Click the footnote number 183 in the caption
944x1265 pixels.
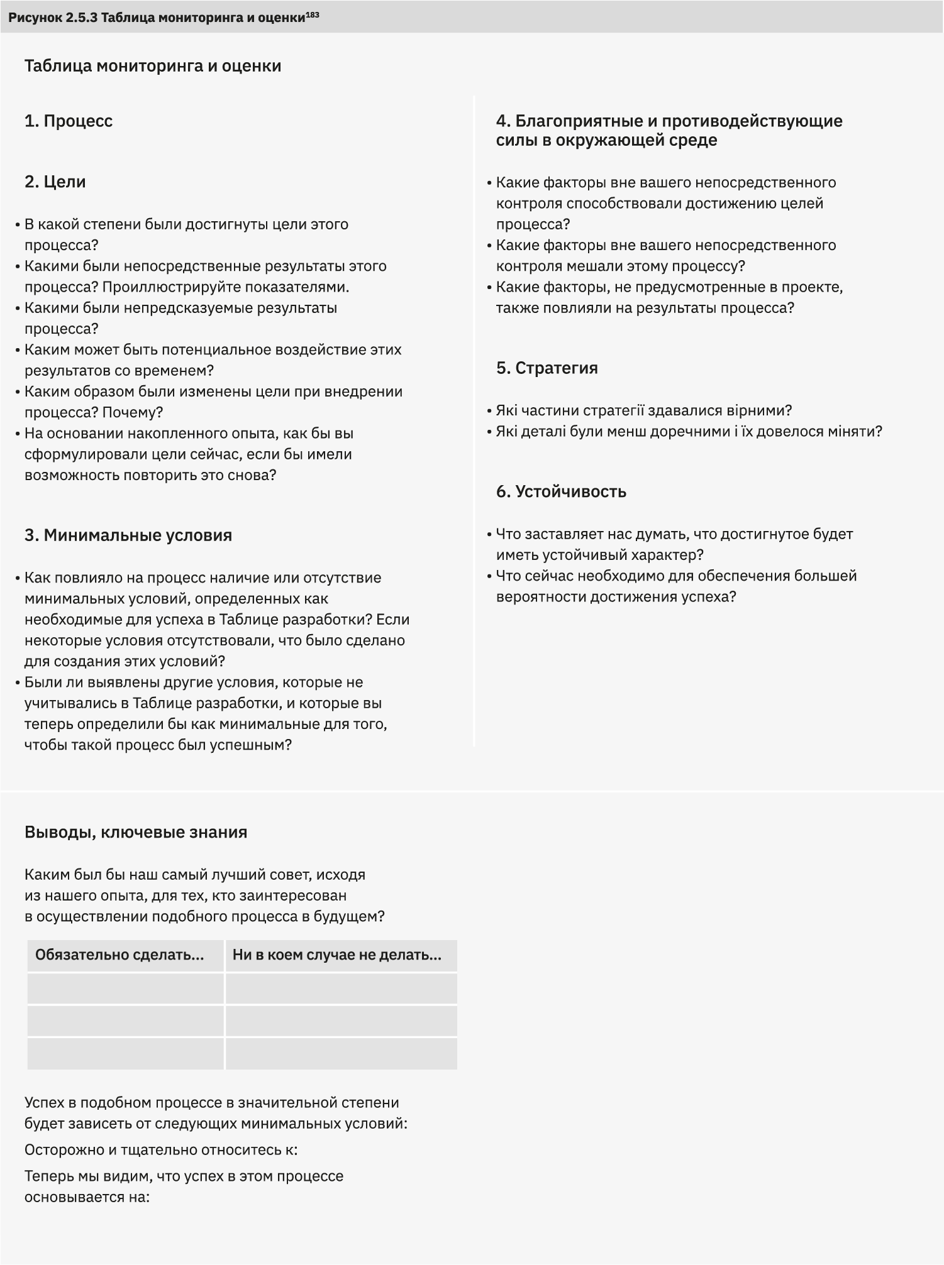tap(312, 14)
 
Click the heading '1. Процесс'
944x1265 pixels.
tap(69, 121)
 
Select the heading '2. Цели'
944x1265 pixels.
tap(55, 182)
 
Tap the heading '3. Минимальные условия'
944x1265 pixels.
tap(128, 535)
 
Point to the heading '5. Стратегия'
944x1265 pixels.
tap(547, 368)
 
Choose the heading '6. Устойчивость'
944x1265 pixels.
tap(561, 491)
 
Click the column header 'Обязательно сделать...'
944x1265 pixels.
tap(119, 955)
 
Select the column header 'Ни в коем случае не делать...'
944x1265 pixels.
tap(337, 955)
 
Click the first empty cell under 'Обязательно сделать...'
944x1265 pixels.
tap(125, 988)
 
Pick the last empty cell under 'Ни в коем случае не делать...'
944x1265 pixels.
tap(341, 1054)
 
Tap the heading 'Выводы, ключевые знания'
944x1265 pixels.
tap(136, 832)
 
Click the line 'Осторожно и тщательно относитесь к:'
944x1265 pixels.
tap(161, 1150)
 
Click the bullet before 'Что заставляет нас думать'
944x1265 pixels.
tap(489, 535)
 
